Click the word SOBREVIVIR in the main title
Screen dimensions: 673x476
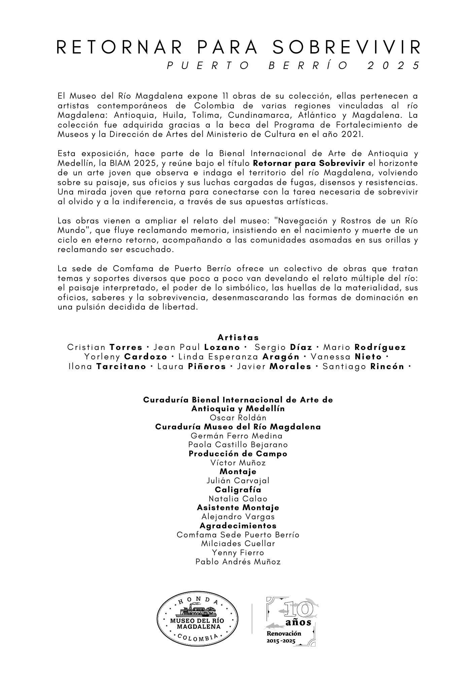346,47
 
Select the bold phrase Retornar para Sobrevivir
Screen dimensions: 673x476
309,164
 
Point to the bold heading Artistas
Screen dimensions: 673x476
238,337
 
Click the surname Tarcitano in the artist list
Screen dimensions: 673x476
121,366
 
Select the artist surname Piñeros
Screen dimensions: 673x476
207,366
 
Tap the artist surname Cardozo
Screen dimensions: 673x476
145,357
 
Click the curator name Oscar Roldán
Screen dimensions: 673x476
238,418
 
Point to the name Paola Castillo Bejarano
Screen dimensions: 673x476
238,445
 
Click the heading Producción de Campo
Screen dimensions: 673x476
238,454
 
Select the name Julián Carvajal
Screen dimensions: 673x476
238,481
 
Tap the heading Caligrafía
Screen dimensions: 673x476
238,490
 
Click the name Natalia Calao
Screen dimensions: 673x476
238,499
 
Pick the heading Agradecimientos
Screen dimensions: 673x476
238,526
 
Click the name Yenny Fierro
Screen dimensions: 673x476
238,553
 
